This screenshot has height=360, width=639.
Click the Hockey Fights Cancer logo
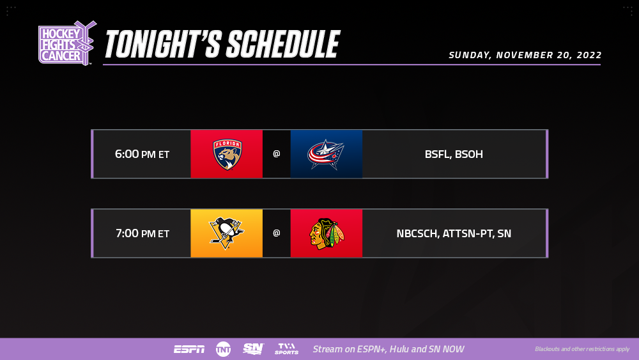tap(67, 43)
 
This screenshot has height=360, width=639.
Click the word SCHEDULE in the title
tap(283, 44)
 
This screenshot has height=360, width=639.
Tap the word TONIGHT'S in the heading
tap(163, 44)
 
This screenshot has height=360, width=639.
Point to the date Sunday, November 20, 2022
tap(525, 55)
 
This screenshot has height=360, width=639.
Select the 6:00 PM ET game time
tap(142, 154)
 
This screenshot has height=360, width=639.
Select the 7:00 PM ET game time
tap(142, 233)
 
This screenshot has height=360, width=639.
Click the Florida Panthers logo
tap(227, 154)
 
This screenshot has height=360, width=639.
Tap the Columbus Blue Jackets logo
tap(326, 155)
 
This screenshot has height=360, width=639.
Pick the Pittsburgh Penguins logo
tap(226, 233)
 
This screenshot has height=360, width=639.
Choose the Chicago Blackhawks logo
tap(327, 233)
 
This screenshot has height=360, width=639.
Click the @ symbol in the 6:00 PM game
tap(276, 153)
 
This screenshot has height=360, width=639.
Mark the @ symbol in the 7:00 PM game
tap(276, 233)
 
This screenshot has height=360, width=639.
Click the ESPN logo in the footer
tap(189, 349)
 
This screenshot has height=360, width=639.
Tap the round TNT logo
tap(223, 349)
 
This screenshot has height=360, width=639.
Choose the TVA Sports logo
tap(286, 349)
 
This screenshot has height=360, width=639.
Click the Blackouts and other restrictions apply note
tap(582, 349)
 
